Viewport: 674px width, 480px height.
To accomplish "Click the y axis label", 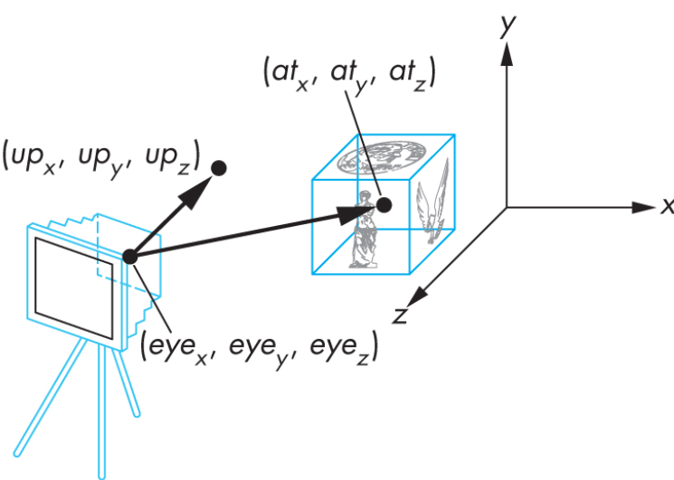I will click(509, 27).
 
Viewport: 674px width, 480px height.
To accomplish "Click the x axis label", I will click(666, 207).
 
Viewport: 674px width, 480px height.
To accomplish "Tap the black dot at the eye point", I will click(129, 257).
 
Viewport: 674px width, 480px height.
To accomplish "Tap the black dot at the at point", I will click(384, 205).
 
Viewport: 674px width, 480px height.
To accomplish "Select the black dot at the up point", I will click(219, 167).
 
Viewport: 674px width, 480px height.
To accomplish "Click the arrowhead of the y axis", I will click(507, 56).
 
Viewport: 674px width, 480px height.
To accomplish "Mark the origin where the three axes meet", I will click(507, 207).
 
